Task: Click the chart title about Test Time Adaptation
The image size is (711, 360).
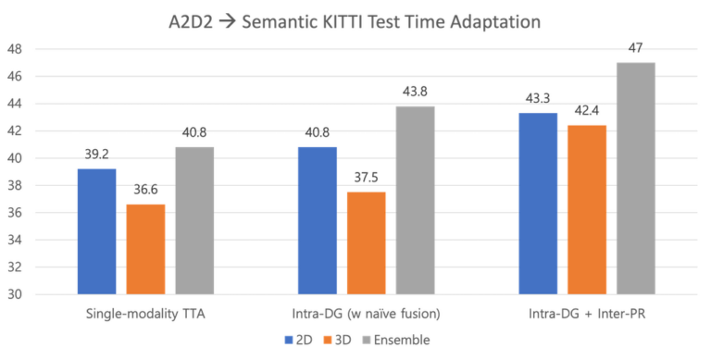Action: point(355,19)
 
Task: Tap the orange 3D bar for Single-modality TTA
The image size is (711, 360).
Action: point(145,247)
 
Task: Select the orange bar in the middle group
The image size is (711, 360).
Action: point(367,242)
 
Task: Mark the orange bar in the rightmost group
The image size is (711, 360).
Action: point(587,208)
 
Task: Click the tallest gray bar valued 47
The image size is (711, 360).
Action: point(636,178)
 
